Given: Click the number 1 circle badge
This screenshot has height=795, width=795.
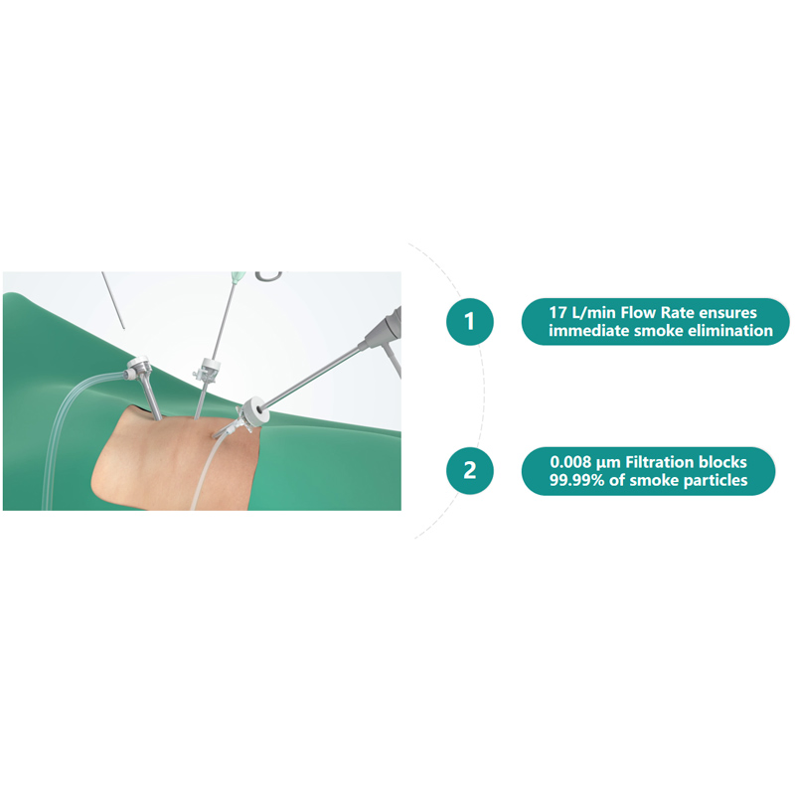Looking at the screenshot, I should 470,321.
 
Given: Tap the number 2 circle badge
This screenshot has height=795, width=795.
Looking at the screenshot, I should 470,470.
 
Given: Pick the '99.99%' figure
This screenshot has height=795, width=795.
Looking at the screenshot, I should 578,481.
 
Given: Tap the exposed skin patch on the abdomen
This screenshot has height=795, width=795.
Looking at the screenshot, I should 179,467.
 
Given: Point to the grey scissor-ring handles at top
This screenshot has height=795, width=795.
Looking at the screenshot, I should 268,274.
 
